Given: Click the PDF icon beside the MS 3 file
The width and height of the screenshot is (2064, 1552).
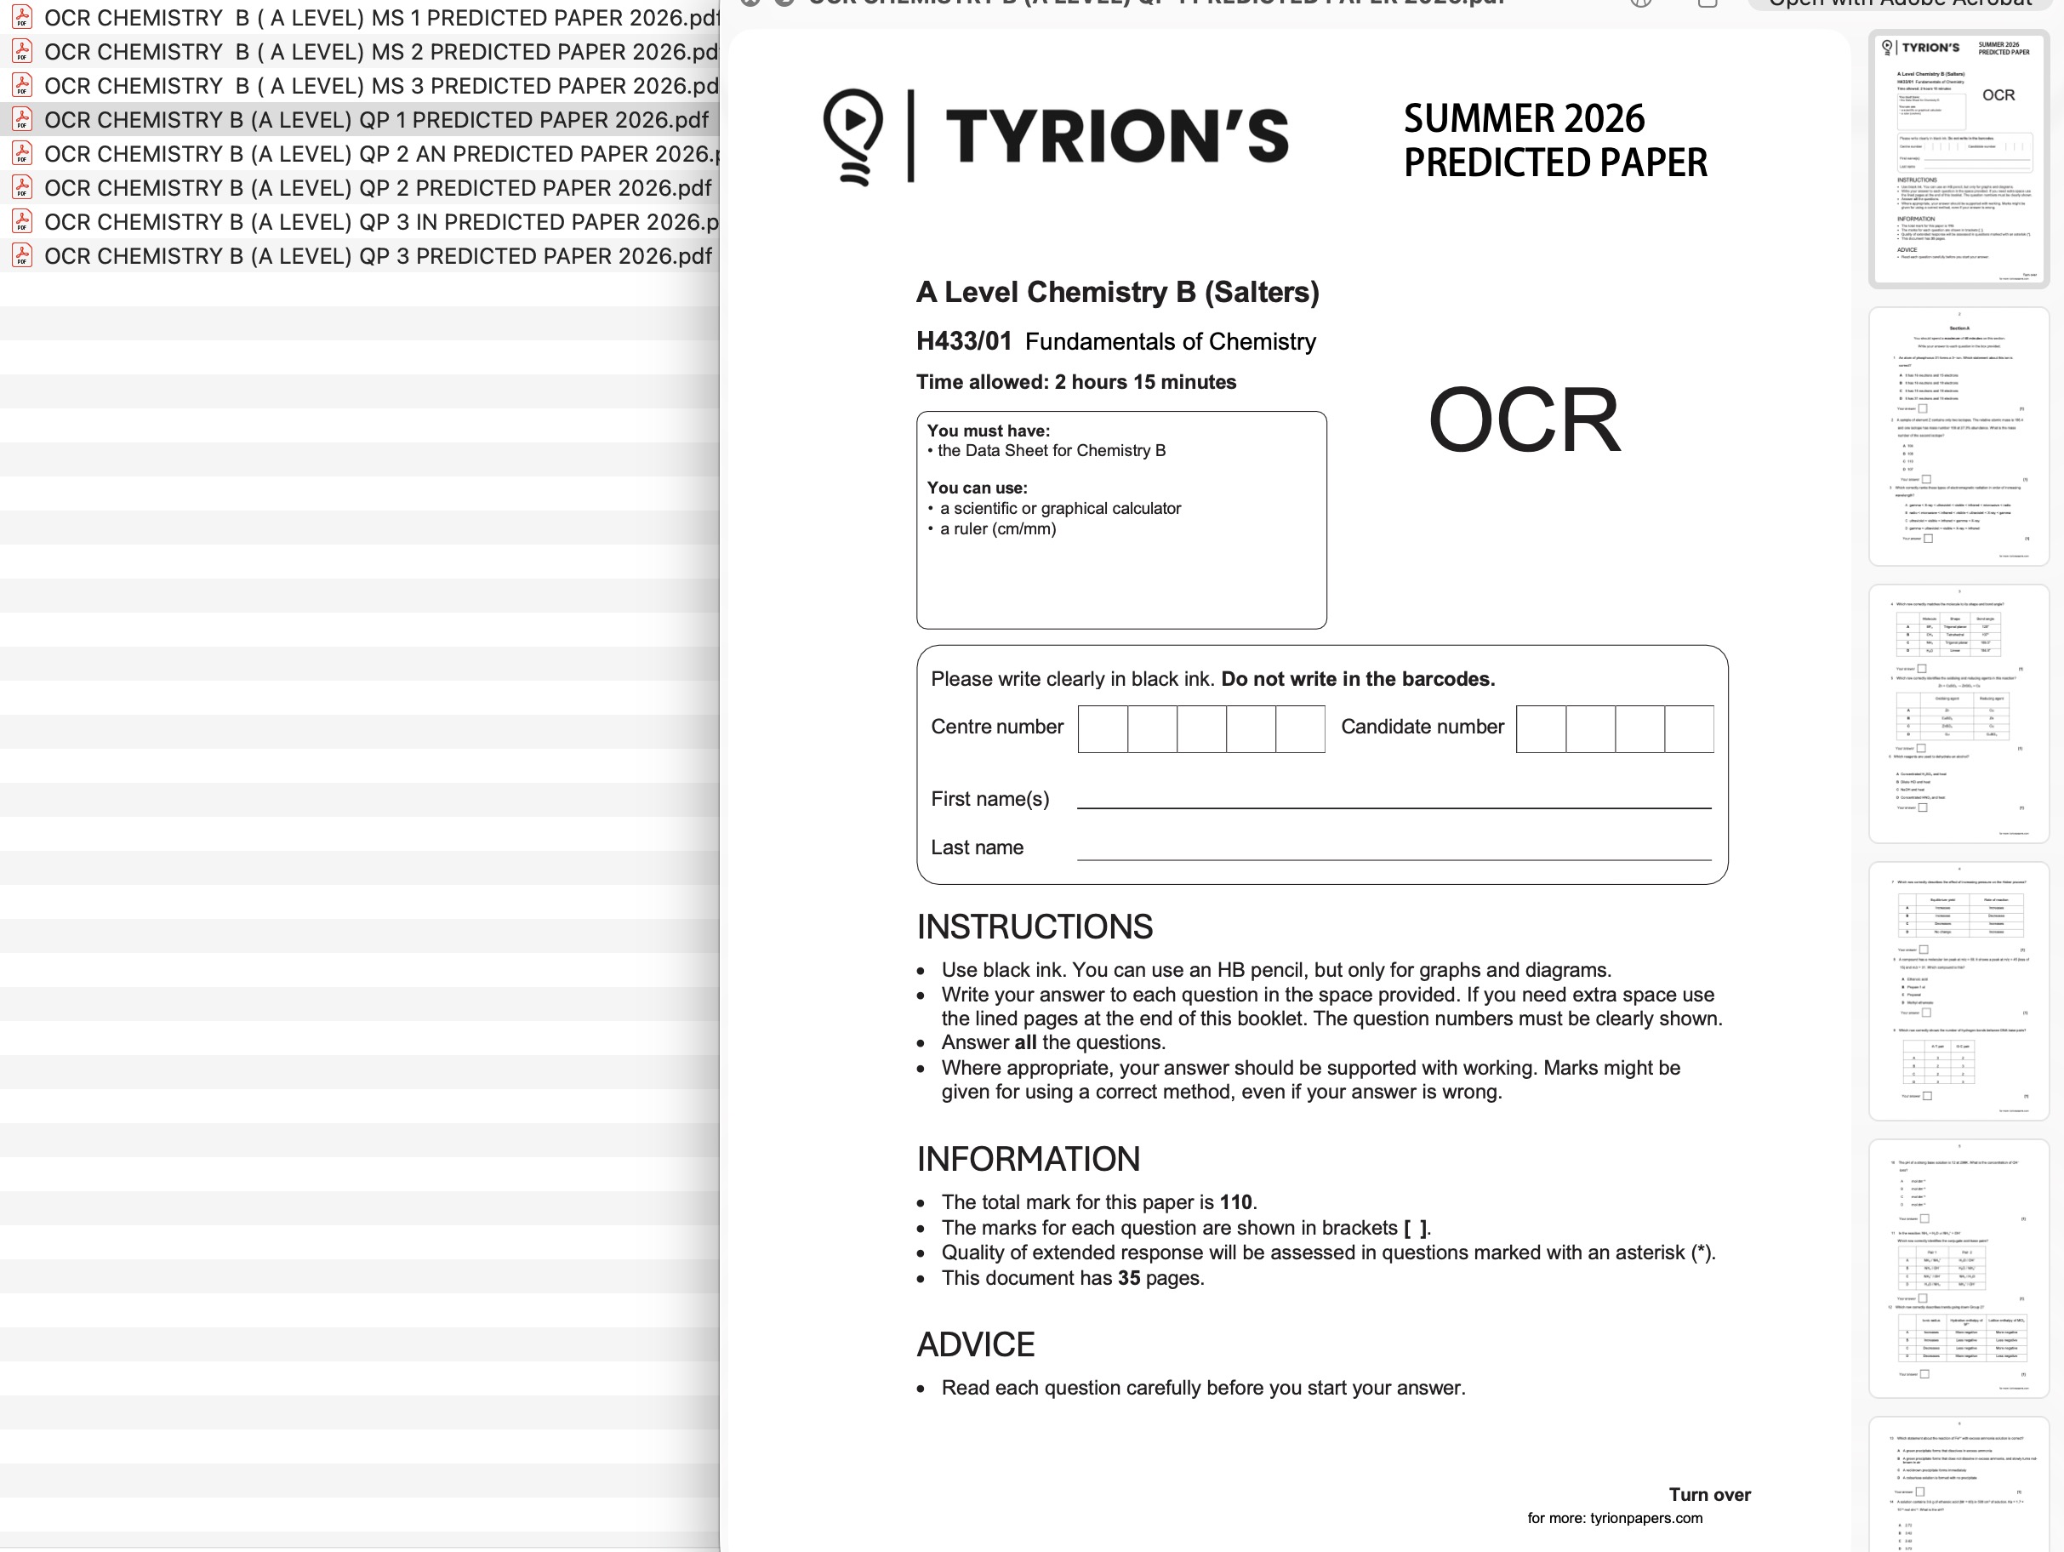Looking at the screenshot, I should pyautogui.click(x=22, y=85).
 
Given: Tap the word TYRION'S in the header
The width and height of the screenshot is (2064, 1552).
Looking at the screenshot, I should pyautogui.click(x=1117, y=136).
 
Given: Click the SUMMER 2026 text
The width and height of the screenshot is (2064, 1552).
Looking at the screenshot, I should pyautogui.click(x=1524, y=118).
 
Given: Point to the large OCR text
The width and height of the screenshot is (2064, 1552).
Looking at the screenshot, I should pyautogui.click(x=1524, y=421).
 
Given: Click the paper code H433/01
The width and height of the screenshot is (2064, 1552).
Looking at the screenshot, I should pyautogui.click(x=963, y=341).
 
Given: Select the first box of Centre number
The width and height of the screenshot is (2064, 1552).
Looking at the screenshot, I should pyautogui.click(x=1103, y=729).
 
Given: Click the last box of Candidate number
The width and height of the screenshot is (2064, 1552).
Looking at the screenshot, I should pyautogui.click(x=1689, y=729).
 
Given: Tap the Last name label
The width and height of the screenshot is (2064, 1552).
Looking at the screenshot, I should pyautogui.click(x=977, y=847).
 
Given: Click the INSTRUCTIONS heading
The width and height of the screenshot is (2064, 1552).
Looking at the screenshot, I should pyautogui.click(x=1034, y=927).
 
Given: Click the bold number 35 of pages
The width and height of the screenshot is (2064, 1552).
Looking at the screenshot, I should pyautogui.click(x=1129, y=1278).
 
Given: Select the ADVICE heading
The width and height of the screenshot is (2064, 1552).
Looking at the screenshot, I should pyautogui.click(x=975, y=1345).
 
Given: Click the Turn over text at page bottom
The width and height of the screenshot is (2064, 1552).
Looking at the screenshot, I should pyautogui.click(x=1709, y=1494).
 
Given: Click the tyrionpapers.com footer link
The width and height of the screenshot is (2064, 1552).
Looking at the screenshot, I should pyautogui.click(x=1646, y=1519).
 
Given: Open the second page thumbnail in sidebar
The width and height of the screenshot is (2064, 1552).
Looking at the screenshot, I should pyautogui.click(x=1958, y=436).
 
